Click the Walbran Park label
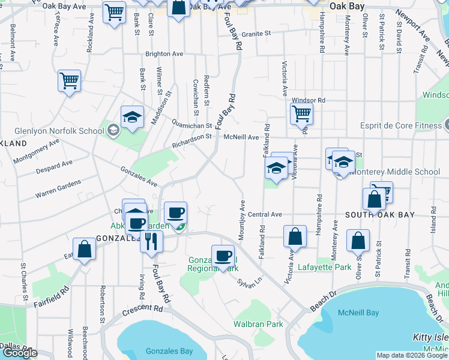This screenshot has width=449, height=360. pyautogui.click(x=258, y=324)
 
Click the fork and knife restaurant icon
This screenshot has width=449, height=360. pyautogui.click(x=151, y=241)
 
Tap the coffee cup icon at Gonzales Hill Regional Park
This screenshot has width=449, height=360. pyautogui.click(x=223, y=256)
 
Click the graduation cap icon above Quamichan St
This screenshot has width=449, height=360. pyautogui.click(x=132, y=117)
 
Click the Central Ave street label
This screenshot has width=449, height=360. pyautogui.click(x=265, y=214)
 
